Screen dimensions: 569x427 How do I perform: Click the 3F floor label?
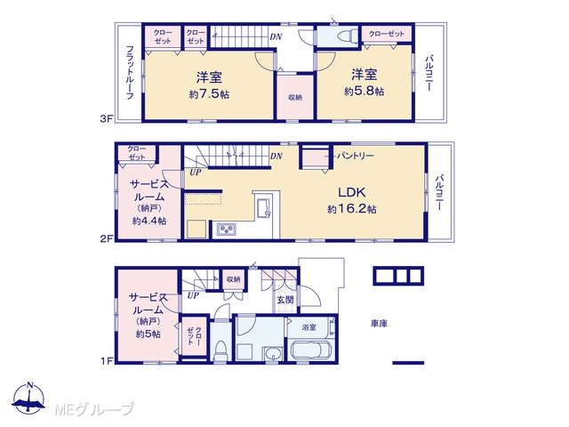point(108,118)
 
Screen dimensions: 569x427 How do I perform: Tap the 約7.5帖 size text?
point(209,94)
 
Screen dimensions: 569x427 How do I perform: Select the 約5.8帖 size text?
point(364,91)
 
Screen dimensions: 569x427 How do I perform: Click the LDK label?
point(352,192)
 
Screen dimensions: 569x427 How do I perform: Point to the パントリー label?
point(355,156)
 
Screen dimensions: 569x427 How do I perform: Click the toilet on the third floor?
point(343,37)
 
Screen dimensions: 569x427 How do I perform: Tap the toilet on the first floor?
point(220,350)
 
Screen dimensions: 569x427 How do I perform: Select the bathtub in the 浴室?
point(312,350)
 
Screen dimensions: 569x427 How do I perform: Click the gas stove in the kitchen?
point(227,230)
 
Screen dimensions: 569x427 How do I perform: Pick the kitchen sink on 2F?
point(263,208)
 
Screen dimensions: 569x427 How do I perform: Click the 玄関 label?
point(285,300)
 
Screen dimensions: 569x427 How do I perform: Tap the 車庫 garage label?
point(379,323)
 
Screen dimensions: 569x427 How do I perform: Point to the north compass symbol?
point(29,399)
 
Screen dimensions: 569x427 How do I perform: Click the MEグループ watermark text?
point(94,409)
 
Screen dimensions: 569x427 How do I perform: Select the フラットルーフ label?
point(129,72)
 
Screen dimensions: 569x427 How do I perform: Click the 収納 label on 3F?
point(295,97)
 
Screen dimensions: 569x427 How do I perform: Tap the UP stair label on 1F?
point(194,295)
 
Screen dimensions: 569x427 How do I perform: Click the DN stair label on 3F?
point(276,36)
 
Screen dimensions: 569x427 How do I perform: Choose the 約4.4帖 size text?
point(149,221)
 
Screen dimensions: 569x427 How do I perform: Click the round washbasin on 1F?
point(273,353)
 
